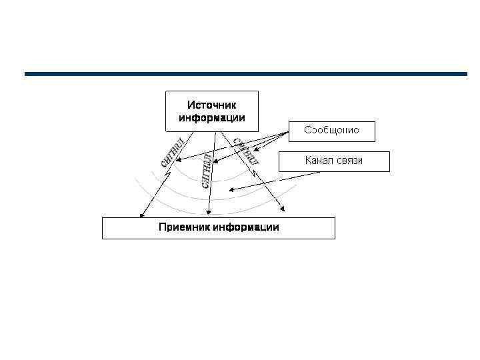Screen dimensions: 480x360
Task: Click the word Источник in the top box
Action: pyautogui.click(x=211, y=105)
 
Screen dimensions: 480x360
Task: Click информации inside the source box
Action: pyautogui.click(x=211, y=118)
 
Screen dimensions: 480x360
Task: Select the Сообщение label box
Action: pyautogui.click(x=331, y=131)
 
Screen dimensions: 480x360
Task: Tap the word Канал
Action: pyautogui.click(x=321, y=161)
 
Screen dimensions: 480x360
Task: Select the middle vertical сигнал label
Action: pyautogui.click(x=207, y=171)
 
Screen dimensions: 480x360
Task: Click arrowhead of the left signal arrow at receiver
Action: pyautogui.click(x=141, y=215)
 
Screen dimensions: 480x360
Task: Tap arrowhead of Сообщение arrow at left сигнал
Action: pyautogui.click(x=177, y=159)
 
